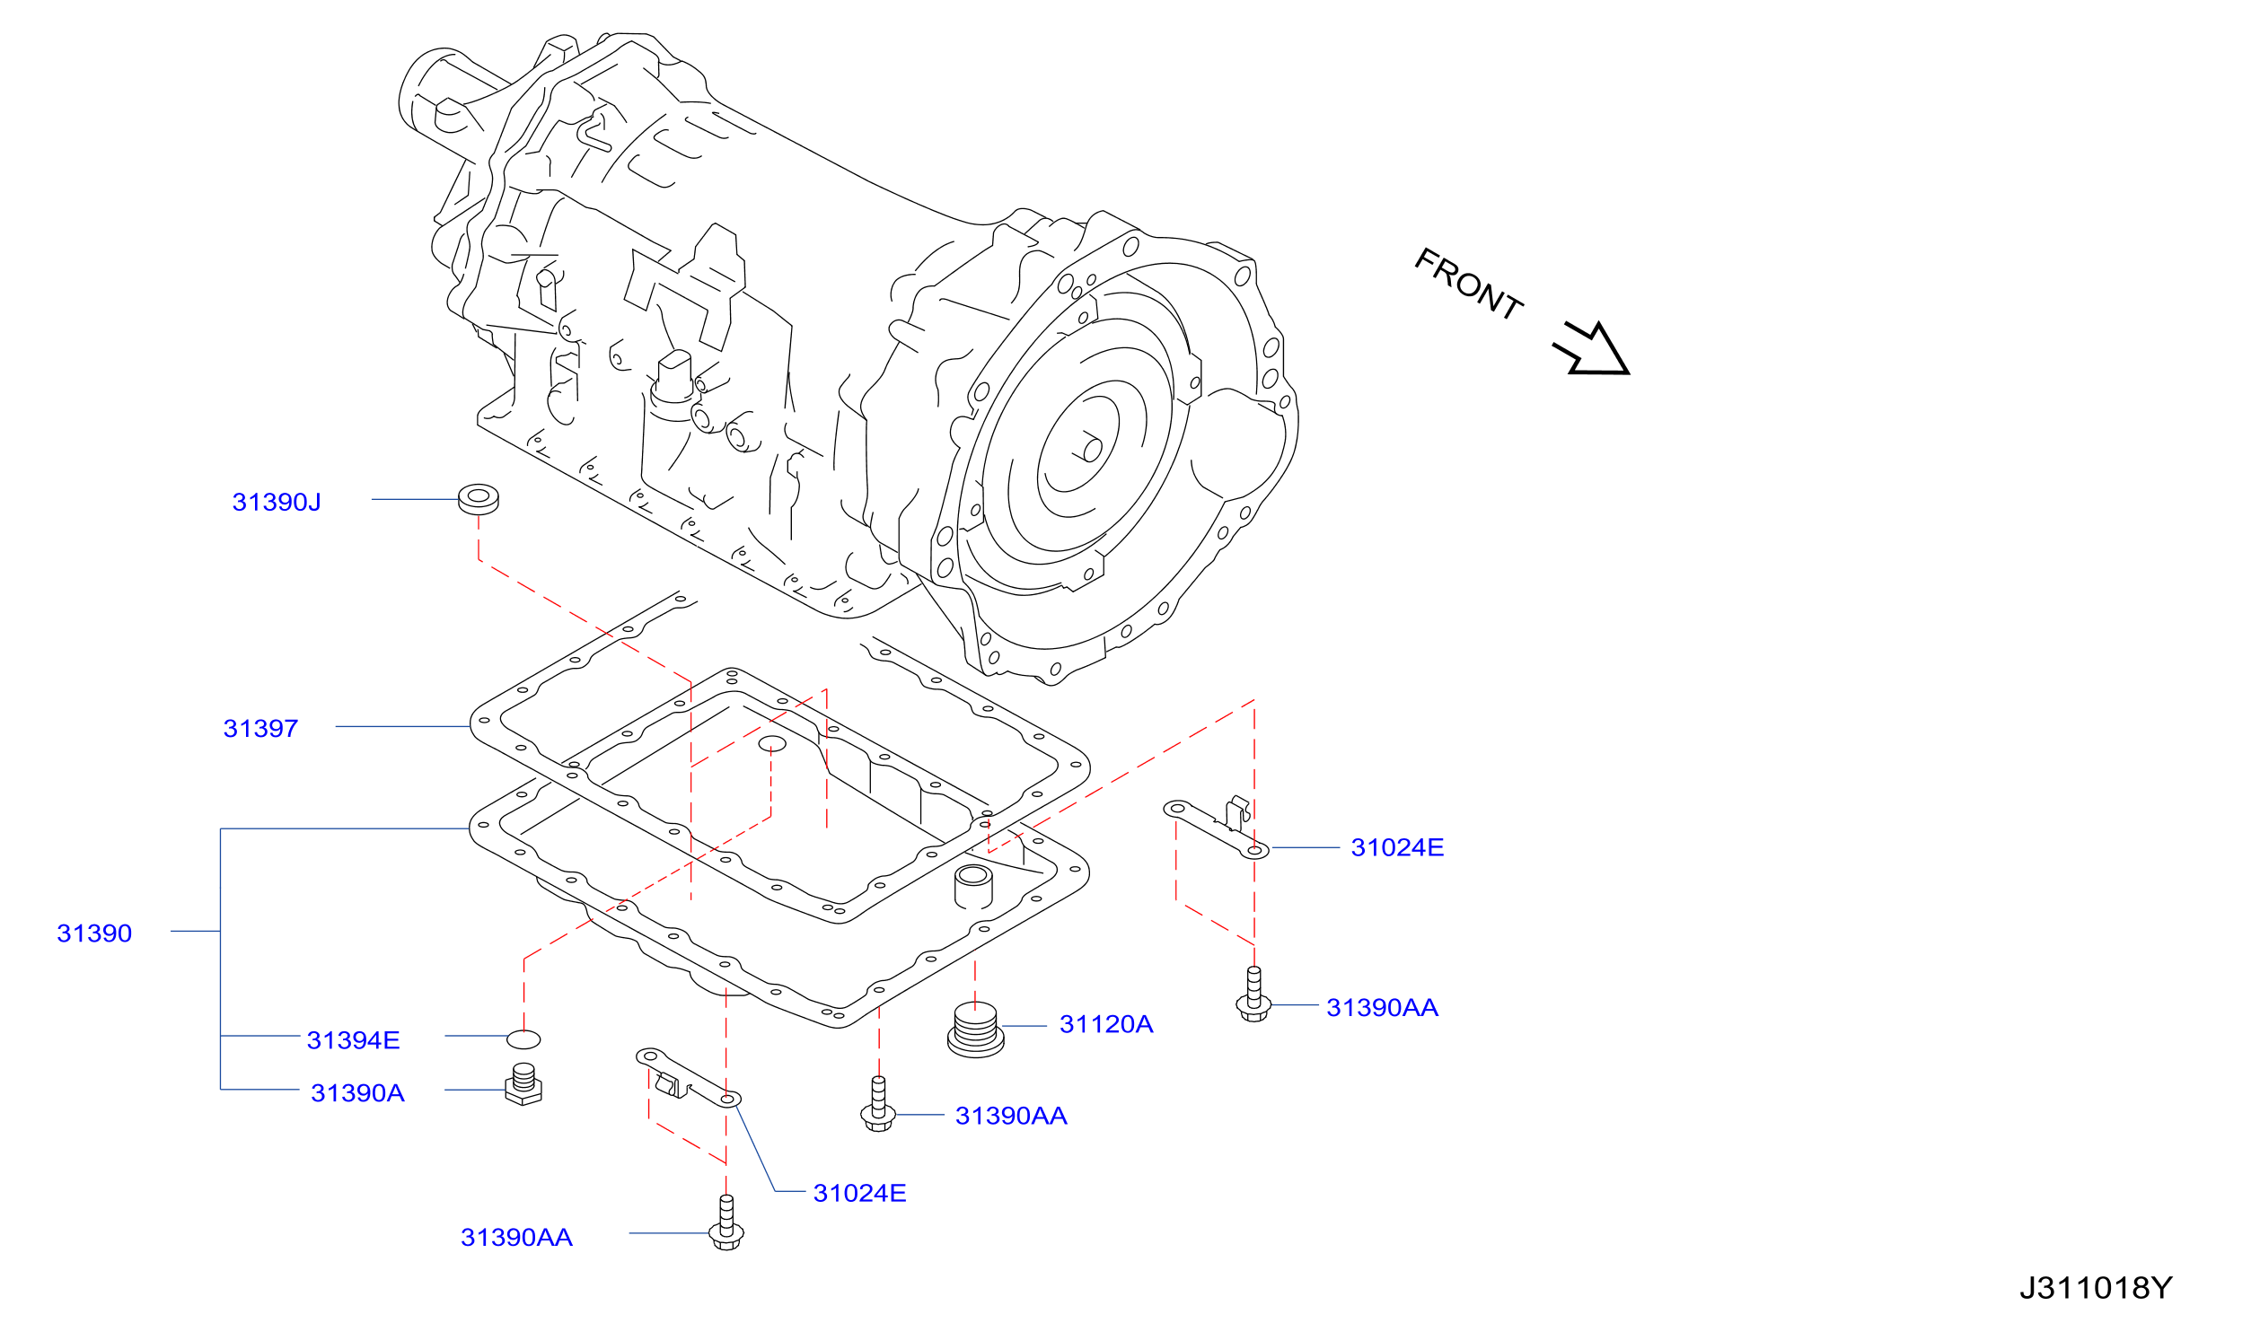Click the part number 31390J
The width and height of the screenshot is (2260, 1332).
277,503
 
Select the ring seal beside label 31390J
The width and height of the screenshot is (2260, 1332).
479,500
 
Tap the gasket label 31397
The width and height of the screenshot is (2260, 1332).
260,729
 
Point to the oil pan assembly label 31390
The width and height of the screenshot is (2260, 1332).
94,933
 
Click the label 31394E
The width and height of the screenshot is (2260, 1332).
353,1040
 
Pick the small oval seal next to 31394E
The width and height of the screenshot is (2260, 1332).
523,1039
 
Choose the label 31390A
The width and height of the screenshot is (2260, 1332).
357,1093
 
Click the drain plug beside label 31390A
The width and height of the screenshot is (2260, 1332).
523,1084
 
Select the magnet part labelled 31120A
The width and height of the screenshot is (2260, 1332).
975,1030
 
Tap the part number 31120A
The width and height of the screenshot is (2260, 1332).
1106,1024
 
